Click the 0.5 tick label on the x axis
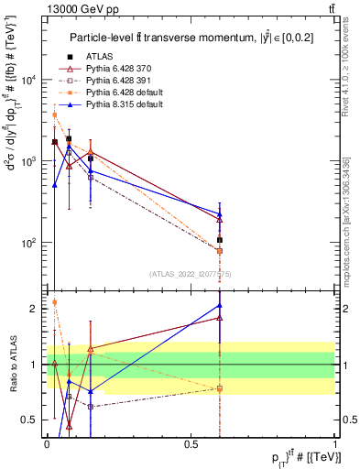pyautogui.click(x=191, y=443)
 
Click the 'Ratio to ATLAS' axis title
pyautogui.click(x=13, y=364)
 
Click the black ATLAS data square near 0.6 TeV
pyautogui.click(x=220, y=240)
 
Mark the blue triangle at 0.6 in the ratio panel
pyautogui.click(x=220, y=306)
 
